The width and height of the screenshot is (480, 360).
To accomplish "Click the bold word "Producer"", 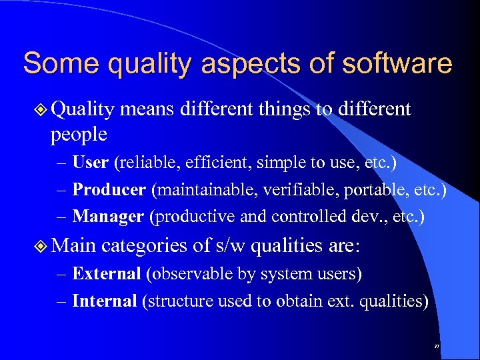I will pos(109,189).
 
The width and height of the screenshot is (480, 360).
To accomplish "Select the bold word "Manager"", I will pos(107,216).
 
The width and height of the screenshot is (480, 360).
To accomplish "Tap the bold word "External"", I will pos(106,273).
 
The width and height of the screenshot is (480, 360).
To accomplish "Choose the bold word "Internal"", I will pos(104,301).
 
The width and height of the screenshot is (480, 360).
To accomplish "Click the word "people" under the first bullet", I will pos(78,135).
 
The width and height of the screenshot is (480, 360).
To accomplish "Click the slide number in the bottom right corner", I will pos(437,347).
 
